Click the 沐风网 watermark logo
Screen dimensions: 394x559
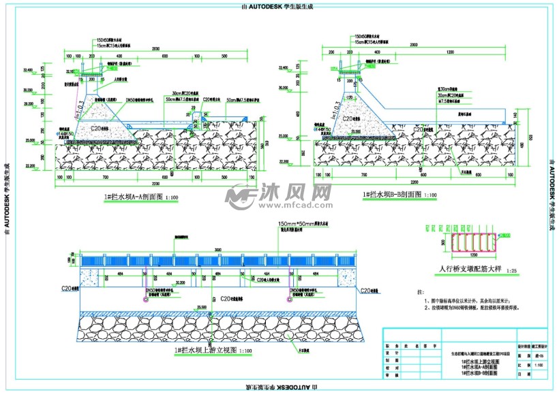tap(279, 197)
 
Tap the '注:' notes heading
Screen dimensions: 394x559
tap(420, 291)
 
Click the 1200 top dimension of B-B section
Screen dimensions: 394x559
tap(450, 52)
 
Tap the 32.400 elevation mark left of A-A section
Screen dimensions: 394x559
tap(28, 69)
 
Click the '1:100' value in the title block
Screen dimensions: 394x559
tap(520, 365)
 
